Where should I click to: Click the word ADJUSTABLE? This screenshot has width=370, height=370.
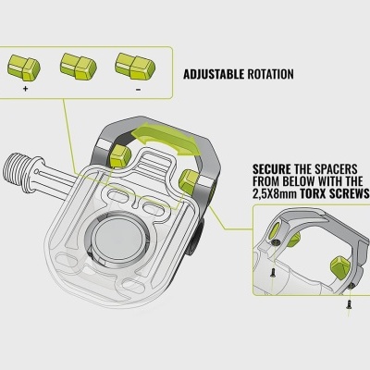pos(214,74)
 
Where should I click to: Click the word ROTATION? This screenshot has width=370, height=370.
pos(271,74)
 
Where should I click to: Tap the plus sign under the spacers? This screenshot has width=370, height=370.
pos(25,89)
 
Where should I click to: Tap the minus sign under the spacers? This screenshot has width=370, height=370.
pos(138,90)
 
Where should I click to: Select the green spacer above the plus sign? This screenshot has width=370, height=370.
pos(24,67)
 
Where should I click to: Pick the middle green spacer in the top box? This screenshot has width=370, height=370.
pos(79,67)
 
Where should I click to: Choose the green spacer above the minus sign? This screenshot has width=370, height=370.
pos(135,67)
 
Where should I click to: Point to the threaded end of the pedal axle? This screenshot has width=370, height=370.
pos(15,167)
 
